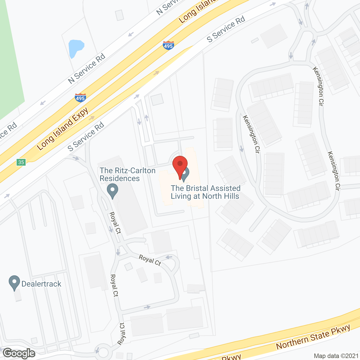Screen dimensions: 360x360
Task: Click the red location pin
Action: (x=180, y=165)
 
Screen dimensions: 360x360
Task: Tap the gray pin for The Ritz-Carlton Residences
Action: (x=112, y=191)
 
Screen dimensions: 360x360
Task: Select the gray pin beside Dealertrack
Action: (x=14, y=283)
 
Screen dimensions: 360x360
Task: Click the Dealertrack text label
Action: (x=41, y=284)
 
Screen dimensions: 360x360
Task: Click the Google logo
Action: (x=19, y=353)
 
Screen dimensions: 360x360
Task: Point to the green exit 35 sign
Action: (x=21, y=162)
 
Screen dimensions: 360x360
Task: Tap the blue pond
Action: (x=75, y=48)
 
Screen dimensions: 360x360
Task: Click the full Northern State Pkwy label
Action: (x=313, y=337)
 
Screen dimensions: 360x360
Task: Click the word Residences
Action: (x=120, y=178)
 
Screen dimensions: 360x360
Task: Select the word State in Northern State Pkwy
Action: (x=318, y=336)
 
